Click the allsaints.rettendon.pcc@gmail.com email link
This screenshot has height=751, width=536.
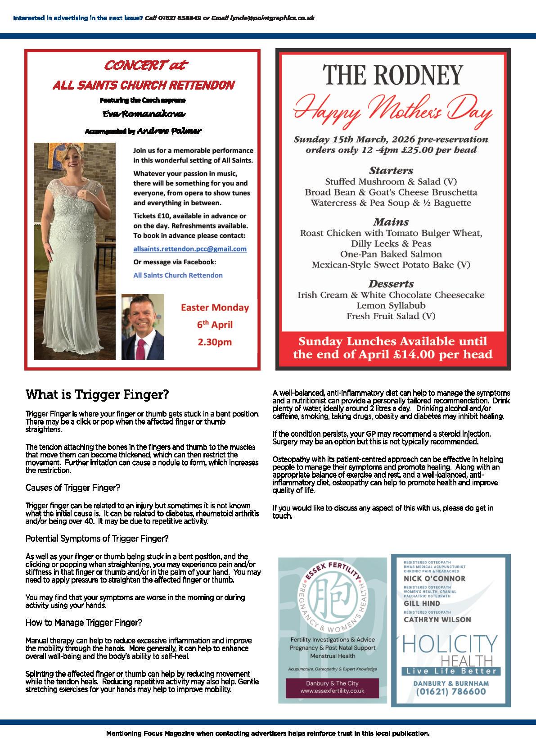click(x=189, y=249)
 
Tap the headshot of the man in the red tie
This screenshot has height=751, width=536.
click(x=143, y=327)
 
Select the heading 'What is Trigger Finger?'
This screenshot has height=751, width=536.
click(x=97, y=395)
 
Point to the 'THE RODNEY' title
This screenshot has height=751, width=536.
click(x=393, y=74)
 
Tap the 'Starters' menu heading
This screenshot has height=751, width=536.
click(x=391, y=171)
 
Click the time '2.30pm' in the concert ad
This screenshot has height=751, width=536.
click(x=215, y=342)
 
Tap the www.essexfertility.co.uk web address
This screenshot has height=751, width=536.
click(x=332, y=690)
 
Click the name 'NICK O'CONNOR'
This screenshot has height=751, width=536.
click(x=434, y=579)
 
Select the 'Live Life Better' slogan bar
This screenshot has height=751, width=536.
click(x=450, y=671)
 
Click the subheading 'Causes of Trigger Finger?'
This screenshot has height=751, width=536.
click(x=73, y=488)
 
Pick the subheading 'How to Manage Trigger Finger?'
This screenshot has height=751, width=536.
click(x=84, y=623)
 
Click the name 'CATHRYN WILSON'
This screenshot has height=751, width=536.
click(x=437, y=620)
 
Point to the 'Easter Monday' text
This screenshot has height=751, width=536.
click(x=215, y=308)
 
